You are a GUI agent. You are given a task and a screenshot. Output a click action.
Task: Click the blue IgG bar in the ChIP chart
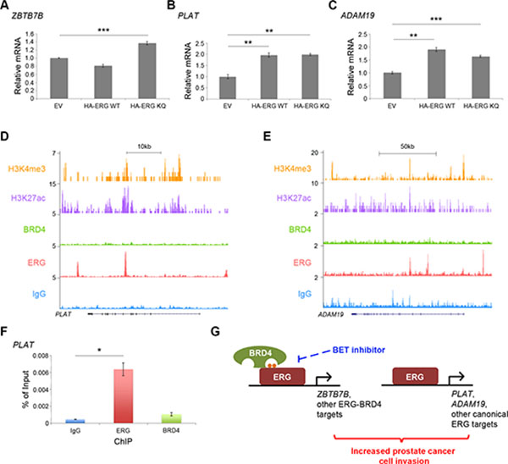click(76, 420)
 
